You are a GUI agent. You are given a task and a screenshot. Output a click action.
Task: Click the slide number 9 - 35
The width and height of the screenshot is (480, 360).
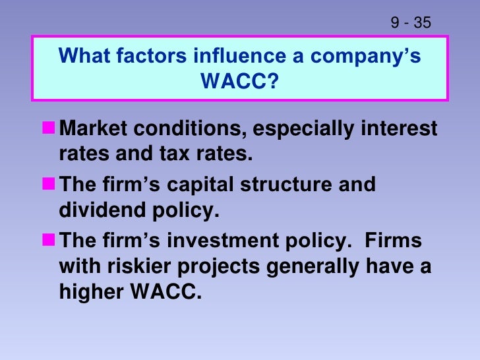click(x=410, y=23)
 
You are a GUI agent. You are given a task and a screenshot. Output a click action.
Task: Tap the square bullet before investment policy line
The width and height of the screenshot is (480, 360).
click(x=48, y=239)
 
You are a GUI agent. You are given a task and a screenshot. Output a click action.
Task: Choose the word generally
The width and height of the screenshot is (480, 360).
click(x=309, y=268)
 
